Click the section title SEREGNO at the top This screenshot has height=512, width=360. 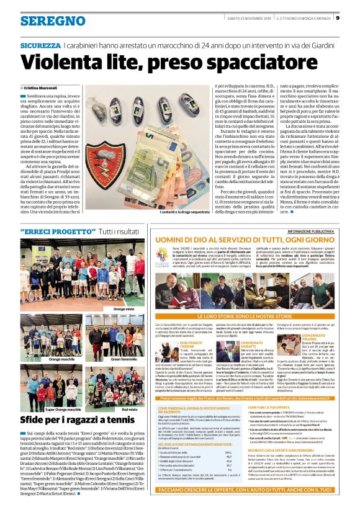[44, 20]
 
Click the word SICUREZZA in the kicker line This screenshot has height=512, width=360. [40, 45]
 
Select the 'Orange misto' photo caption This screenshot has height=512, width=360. [124, 308]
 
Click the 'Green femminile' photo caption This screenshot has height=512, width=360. [124, 359]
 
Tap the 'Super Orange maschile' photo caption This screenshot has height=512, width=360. [61, 409]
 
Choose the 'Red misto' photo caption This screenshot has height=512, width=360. [130, 409]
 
